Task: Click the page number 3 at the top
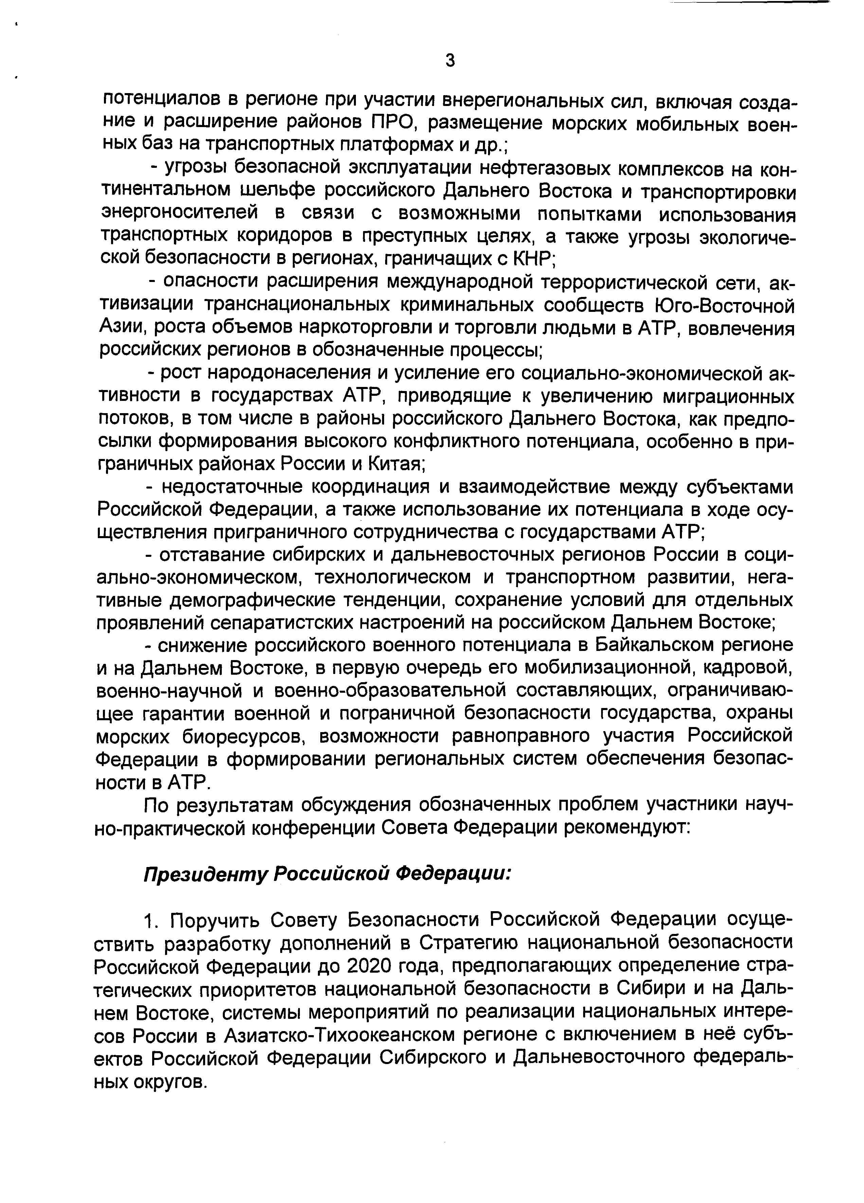pos(450,61)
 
